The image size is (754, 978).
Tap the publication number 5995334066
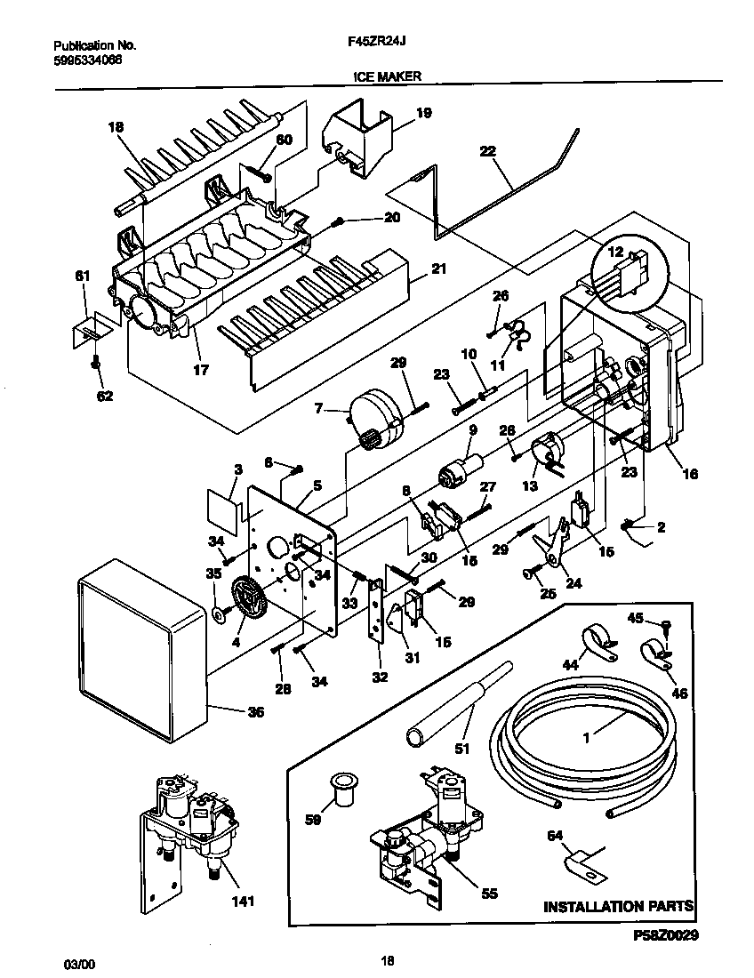click(x=88, y=60)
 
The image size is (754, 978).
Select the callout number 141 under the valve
click(x=242, y=902)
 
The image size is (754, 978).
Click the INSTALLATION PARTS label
click(x=618, y=907)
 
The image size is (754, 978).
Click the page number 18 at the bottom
click(x=387, y=960)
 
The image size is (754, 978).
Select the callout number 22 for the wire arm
click(x=487, y=151)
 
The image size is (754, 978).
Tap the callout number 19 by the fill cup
click(x=423, y=112)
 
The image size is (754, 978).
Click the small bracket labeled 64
click(x=578, y=862)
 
